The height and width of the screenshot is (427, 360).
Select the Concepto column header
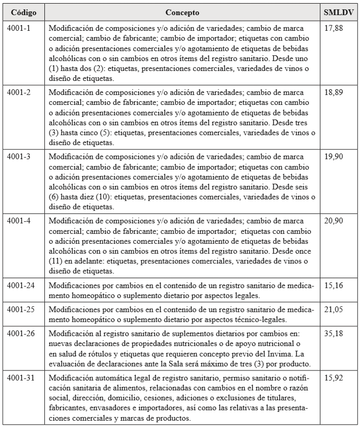click(x=182, y=12)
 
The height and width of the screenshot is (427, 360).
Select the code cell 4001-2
click(x=19, y=92)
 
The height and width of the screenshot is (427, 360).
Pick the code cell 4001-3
click(x=19, y=157)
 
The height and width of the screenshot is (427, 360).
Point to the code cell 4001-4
click(x=19, y=221)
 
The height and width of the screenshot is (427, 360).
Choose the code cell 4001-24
click(x=21, y=286)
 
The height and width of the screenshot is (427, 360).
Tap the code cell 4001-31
click(x=21, y=378)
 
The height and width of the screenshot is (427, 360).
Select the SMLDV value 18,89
click(x=333, y=92)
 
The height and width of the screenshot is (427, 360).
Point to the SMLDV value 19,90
click(x=333, y=157)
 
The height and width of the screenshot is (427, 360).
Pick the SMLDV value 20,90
click(x=333, y=221)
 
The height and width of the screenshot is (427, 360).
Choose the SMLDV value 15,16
click(x=333, y=286)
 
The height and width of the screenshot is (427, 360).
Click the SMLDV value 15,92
click(x=333, y=378)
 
